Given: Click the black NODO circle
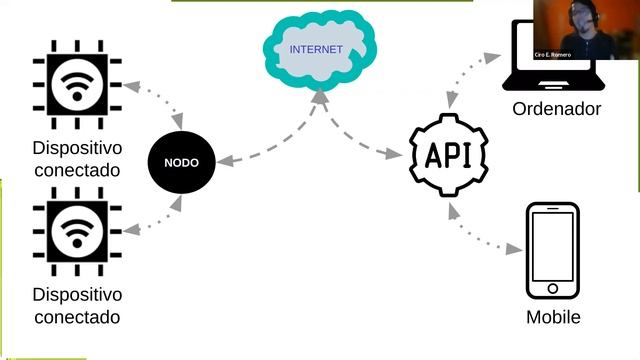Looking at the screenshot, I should coord(180,160).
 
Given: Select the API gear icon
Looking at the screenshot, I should coord(450,155).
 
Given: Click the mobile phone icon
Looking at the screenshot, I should coord(552,252).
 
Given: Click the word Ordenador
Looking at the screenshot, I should coord(556,109).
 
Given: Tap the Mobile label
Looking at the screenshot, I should coord(553,318).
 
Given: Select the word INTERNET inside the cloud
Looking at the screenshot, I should coord(315,49).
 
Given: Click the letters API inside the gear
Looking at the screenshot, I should coord(450,155).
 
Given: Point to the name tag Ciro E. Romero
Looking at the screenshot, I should coord(553,54).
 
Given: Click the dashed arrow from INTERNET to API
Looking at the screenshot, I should coord(355,128).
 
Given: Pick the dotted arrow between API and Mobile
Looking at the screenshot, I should coord(484,230).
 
